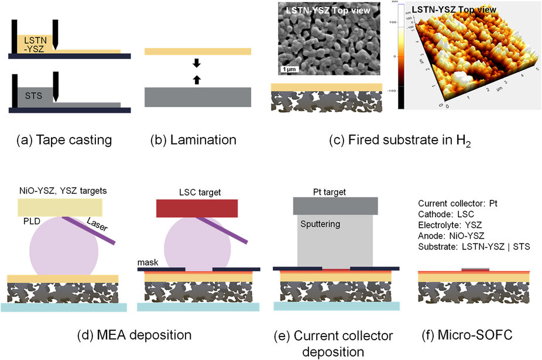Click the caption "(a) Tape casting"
(64, 140)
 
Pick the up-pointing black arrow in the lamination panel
(197, 78)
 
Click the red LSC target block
(197, 208)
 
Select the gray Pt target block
(335, 204)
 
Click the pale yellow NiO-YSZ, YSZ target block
(60, 207)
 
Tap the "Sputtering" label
(321, 224)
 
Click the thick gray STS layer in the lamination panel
(198, 97)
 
